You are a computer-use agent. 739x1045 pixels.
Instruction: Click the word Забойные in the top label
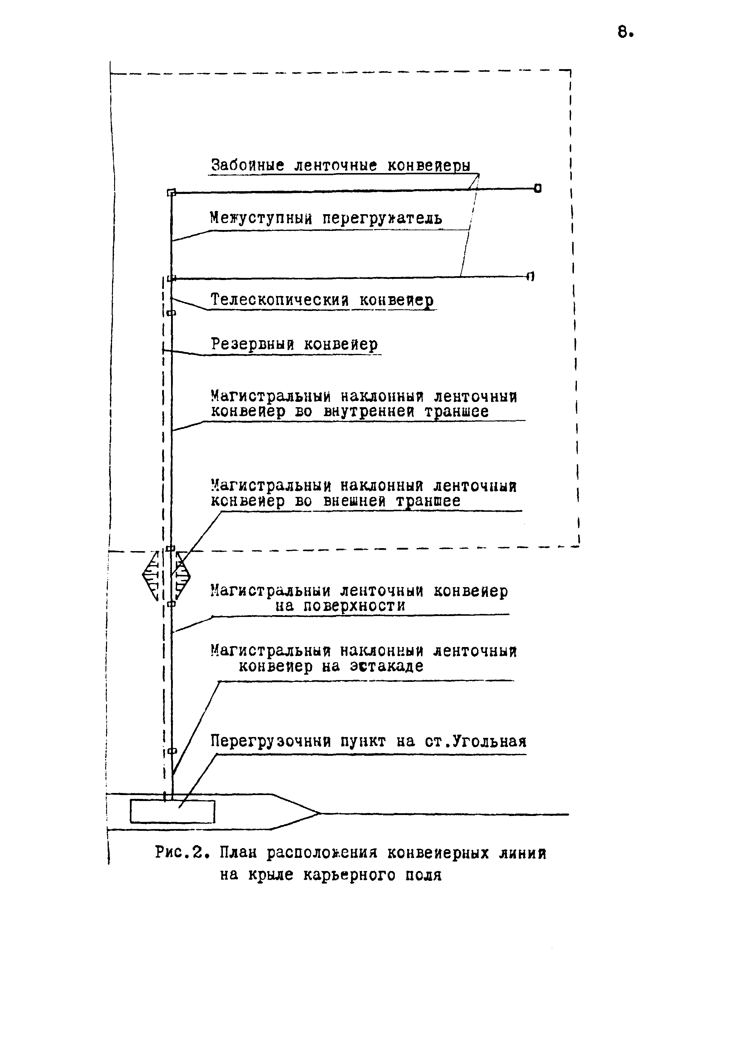pos(248,165)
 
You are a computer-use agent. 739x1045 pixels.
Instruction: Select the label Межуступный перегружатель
pos(326,218)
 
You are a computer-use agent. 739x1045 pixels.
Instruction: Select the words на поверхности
pos(340,606)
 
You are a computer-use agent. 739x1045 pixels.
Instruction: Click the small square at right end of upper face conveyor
pos(538,188)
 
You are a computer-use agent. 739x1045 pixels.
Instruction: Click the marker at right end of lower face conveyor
pos(530,276)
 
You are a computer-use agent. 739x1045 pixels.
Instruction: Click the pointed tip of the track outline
pos(319,813)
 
